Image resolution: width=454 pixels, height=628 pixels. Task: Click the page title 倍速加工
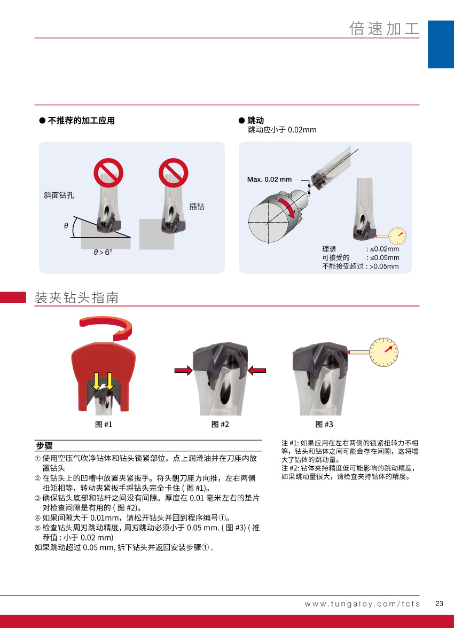point(384,28)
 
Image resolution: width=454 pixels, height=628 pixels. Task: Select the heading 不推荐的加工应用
point(81,121)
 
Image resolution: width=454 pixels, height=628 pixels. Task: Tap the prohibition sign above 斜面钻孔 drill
point(108,172)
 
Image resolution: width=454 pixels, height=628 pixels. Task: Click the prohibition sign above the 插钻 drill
point(174,172)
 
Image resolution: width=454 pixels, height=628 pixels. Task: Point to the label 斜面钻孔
point(59,195)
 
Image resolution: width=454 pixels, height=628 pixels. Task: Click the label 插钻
point(197,206)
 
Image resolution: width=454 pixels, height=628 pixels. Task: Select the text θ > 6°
point(103,252)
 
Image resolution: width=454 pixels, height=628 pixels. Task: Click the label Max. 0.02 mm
point(269,179)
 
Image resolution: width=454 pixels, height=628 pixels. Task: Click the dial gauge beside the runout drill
point(397,236)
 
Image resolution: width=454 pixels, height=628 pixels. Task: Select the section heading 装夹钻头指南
point(76,297)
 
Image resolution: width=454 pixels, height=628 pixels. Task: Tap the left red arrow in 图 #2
point(184,371)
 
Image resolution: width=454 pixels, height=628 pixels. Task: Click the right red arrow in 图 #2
point(257,371)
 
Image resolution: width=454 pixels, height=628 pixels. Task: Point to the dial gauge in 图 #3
point(383,352)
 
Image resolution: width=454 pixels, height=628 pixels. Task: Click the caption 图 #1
point(104,424)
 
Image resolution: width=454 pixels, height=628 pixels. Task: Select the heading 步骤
point(44,446)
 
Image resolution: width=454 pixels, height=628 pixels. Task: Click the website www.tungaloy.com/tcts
point(362,603)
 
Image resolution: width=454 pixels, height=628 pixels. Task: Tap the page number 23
point(439,603)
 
